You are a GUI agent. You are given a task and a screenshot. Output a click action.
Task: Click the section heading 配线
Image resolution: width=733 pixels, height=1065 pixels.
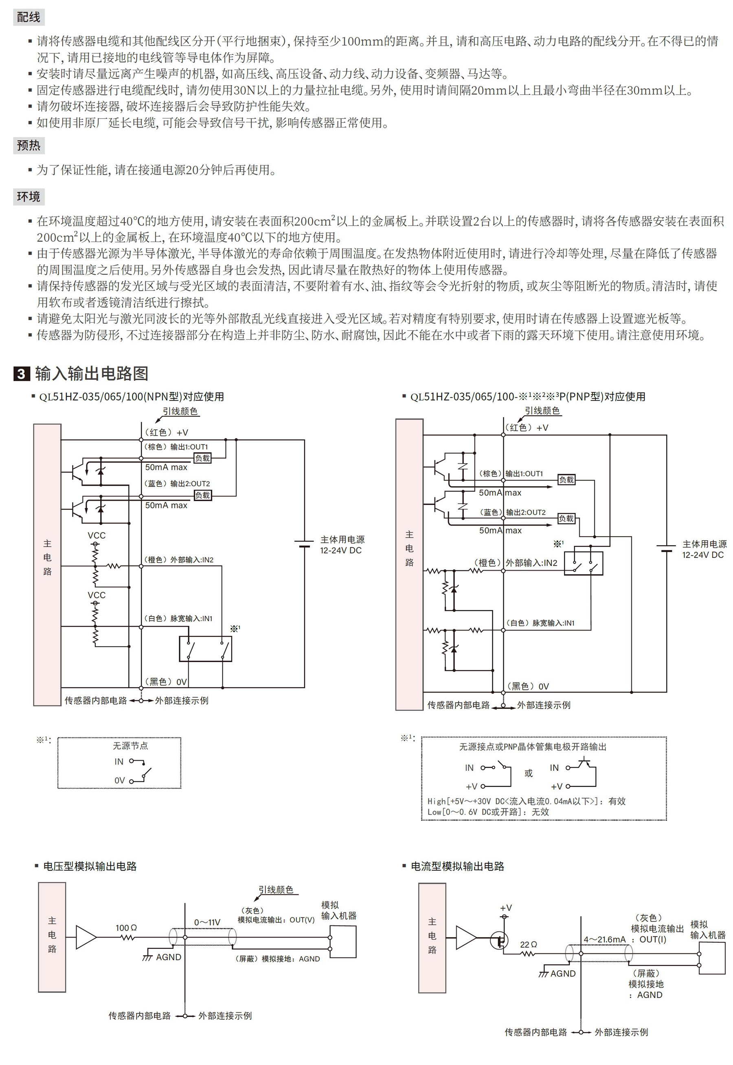coord(29,18)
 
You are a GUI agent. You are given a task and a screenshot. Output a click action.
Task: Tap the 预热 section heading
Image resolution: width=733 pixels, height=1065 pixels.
coord(29,145)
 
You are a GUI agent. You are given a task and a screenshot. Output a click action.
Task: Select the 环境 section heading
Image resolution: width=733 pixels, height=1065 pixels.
coord(29,197)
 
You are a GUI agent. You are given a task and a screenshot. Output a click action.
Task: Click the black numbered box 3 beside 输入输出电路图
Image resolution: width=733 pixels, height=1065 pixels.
coord(22,374)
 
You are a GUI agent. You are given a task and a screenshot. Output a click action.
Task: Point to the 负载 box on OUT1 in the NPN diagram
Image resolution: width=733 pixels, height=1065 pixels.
coord(202,458)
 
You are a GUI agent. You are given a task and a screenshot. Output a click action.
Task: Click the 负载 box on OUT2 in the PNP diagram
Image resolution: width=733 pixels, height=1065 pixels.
coord(566,518)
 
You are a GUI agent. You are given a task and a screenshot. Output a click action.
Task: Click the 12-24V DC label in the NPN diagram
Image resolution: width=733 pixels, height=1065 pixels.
coord(341,550)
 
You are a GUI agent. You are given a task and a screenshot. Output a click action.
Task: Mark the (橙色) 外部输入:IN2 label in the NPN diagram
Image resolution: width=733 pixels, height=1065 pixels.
coord(179,560)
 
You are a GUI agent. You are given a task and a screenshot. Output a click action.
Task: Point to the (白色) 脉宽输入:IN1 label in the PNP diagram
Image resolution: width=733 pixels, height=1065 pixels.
coord(540,623)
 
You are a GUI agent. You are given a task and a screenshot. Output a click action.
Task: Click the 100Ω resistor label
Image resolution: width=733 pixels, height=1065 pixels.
coord(126,928)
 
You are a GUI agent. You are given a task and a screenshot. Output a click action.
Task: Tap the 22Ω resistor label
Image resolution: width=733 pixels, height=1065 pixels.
coord(529,944)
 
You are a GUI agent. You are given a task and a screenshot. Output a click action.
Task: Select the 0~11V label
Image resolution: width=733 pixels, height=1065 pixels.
coord(207,922)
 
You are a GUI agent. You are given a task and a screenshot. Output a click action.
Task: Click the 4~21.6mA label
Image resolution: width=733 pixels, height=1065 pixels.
coord(605,939)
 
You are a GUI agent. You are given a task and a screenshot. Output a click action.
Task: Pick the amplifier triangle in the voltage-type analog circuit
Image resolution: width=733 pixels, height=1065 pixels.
coord(86,936)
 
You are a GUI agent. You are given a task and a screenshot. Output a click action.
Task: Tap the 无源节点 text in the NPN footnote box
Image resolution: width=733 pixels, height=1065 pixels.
coord(130,746)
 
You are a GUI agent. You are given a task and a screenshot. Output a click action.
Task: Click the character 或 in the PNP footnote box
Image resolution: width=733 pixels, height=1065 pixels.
coord(529,773)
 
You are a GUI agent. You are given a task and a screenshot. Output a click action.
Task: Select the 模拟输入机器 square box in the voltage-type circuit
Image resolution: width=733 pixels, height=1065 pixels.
coord(343,942)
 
